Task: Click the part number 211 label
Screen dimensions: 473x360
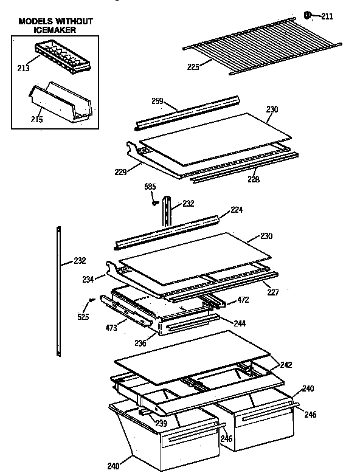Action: point(327,16)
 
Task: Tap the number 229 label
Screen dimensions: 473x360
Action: point(120,172)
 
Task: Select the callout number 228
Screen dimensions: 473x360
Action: point(254,179)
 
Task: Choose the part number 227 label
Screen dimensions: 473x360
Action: point(273,292)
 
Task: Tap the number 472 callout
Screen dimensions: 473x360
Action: point(243,300)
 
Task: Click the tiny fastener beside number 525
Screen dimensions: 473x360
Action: point(91,299)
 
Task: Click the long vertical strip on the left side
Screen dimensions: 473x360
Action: point(58,292)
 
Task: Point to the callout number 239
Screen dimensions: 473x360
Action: point(161,423)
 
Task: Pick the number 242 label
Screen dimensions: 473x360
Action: point(286,365)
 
